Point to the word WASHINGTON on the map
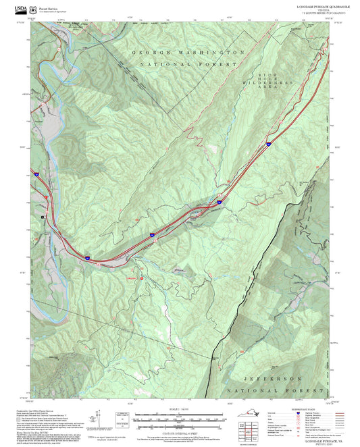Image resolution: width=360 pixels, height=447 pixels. [210, 52]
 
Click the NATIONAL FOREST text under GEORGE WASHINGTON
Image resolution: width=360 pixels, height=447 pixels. [189, 63]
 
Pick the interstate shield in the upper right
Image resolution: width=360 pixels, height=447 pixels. [268, 143]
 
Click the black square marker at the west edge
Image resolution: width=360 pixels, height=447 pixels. [43, 216]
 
